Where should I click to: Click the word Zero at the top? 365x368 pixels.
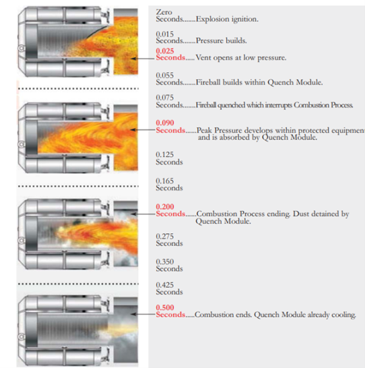(164, 12)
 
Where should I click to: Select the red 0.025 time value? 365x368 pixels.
(165, 51)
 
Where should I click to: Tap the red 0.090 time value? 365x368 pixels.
(165, 123)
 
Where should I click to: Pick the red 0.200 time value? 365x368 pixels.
(165, 207)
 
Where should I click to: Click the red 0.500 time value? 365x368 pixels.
(165, 307)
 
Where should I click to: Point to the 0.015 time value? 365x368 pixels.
(165, 34)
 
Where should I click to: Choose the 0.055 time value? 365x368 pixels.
(165, 75)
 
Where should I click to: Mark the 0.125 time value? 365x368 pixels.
(165, 154)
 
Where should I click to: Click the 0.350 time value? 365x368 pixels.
(165, 262)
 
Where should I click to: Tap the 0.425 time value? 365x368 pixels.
(165, 285)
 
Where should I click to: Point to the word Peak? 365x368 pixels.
(204, 130)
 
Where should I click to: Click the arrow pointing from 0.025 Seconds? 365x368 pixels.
(143, 59)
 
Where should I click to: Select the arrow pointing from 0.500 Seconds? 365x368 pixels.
(143, 314)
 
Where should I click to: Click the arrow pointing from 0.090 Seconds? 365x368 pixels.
(143, 129)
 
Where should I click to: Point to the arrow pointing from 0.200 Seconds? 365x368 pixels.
(143, 214)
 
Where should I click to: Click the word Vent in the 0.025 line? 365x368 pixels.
(203, 58)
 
